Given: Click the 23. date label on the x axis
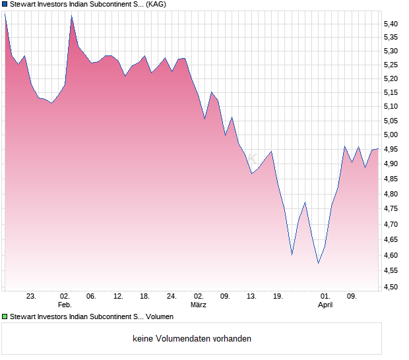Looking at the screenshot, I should [x=31, y=297].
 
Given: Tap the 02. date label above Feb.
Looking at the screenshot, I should [x=65, y=297].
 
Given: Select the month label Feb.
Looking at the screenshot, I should [x=65, y=305].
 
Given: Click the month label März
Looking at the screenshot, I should [x=199, y=305].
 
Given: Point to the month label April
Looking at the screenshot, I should [x=325, y=305].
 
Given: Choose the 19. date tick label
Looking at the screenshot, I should [x=278, y=297].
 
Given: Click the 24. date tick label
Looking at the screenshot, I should [x=172, y=297].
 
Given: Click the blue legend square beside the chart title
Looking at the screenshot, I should [x=5, y=4].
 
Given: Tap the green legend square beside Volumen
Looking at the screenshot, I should [x=5, y=317].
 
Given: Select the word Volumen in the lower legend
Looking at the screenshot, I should [x=160, y=317].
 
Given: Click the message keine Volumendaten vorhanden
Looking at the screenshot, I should [x=192, y=339].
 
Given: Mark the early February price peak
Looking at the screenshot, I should [x=71, y=16].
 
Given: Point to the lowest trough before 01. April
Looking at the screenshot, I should [x=318, y=263].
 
